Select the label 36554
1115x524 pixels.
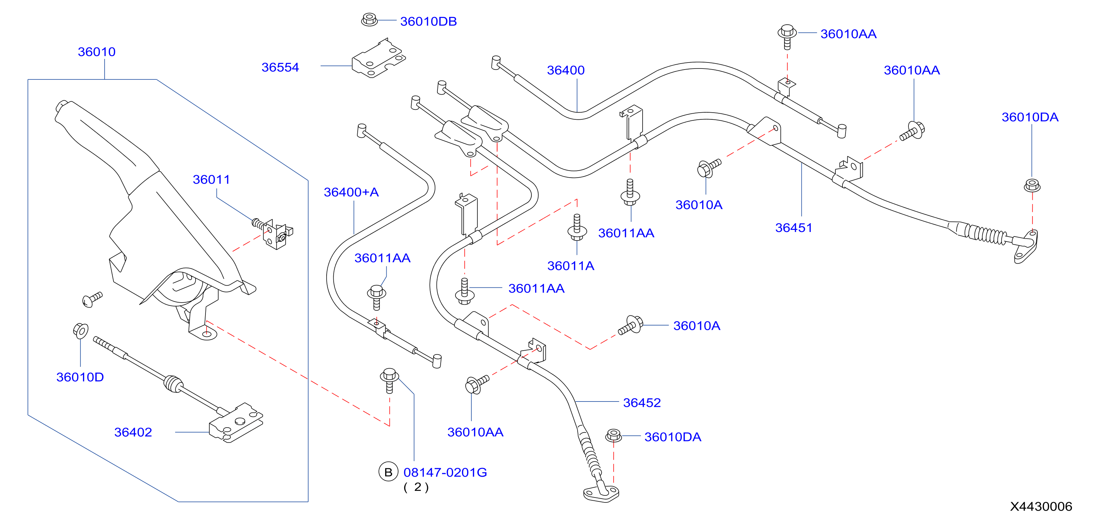coord(280,67)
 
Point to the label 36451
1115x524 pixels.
coord(793,228)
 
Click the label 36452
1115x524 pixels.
coord(642,403)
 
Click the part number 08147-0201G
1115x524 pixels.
coord(445,472)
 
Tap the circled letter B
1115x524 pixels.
coord(388,472)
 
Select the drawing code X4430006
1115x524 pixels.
coord(1041,506)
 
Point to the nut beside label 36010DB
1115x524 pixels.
coord(369,19)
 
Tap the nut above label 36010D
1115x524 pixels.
coord(81,331)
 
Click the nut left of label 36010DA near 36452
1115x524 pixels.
coord(613,435)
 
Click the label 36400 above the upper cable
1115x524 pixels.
coord(566,70)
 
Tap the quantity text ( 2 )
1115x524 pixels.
coord(416,487)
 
